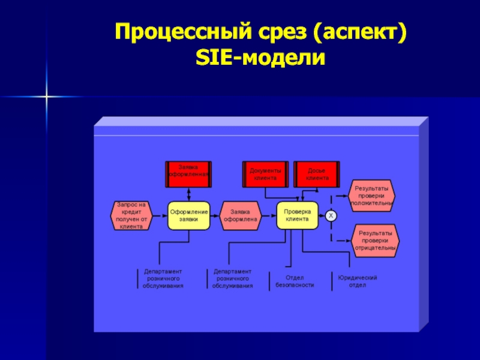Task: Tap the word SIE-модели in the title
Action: (x=260, y=59)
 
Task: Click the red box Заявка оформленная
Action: (x=188, y=172)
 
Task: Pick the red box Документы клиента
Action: (x=265, y=173)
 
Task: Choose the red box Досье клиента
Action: (x=317, y=173)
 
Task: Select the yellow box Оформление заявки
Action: (x=188, y=215)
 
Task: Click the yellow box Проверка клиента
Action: (x=296, y=215)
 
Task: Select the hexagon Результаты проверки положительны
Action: (x=372, y=196)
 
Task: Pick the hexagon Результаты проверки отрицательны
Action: (x=376, y=240)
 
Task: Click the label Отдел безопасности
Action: (x=295, y=281)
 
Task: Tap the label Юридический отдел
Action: (x=357, y=281)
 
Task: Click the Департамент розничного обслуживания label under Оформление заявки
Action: (x=163, y=279)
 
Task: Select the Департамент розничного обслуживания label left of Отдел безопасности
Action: (x=232, y=279)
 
